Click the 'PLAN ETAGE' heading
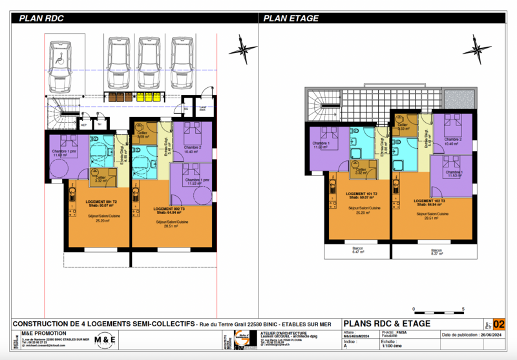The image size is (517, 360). tap(291, 19)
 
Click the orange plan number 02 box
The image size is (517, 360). tap(499, 324)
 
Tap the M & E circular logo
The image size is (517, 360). tap(106, 339)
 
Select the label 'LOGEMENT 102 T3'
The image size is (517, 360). tap(428, 201)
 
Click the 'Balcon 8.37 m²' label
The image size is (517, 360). tap(437, 251)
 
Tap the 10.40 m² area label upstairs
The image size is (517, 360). tap(452, 143)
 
